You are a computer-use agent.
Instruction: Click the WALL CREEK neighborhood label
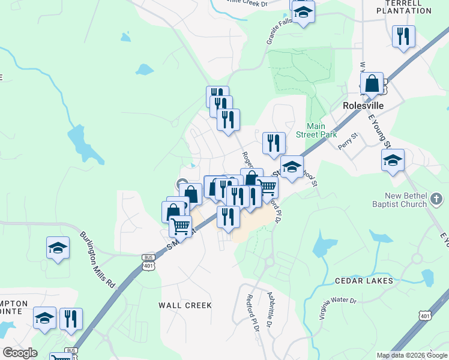[x=185, y=305]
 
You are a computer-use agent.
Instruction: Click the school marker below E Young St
[x=393, y=160]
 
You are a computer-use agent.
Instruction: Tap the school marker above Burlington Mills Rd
[x=58, y=248]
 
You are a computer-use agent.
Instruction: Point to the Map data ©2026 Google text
[x=412, y=355]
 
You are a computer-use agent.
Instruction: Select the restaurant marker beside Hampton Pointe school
[x=71, y=320]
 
